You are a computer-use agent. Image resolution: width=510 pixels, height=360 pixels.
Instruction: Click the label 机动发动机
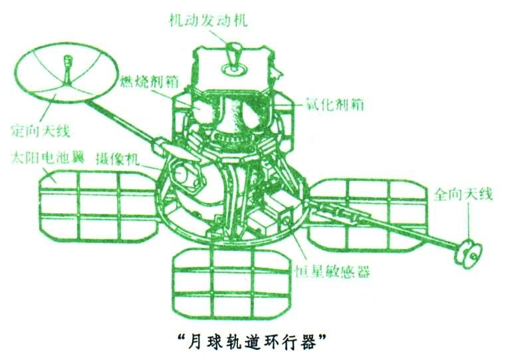click(x=207, y=21)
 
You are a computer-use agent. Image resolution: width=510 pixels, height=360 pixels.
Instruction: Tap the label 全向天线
click(x=463, y=195)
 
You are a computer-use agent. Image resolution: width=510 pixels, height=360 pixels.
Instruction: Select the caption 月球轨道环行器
click(x=256, y=339)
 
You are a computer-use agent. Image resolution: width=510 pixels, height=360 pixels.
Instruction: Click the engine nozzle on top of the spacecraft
click(x=233, y=53)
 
